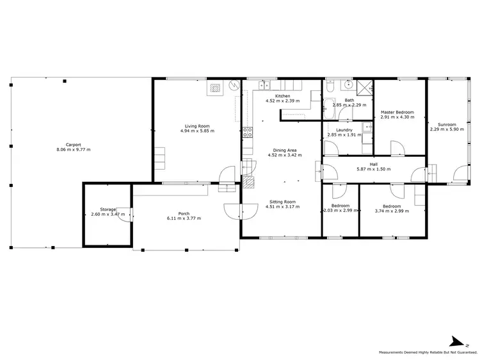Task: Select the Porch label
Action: [x=184, y=213]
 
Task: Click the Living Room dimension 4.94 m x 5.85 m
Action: [x=197, y=131]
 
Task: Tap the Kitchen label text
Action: [x=282, y=96]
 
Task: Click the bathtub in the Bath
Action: [x=328, y=109]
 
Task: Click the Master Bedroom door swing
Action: [x=397, y=147]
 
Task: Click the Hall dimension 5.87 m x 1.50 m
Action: [x=374, y=168]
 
